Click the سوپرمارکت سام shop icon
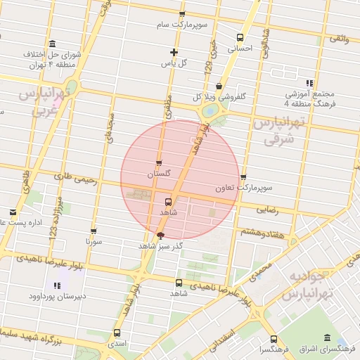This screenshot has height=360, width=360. click(x=182, y=14)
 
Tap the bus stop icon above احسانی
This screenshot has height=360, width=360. click(x=240, y=38)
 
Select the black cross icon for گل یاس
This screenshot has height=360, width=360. click(x=174, y=52)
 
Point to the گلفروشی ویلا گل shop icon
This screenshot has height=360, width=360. click(x=219, y=86)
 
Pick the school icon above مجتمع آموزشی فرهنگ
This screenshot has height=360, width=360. click(x=309, y=83)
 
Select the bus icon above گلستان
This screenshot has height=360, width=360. click(x=158, y=162)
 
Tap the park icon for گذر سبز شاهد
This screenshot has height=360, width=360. click(x=160, y=236)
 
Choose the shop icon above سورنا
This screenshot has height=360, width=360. click(x=94, y=231)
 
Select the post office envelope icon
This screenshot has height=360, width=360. click(x=13, y=212)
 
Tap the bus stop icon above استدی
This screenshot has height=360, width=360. click(x=116, y=333)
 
